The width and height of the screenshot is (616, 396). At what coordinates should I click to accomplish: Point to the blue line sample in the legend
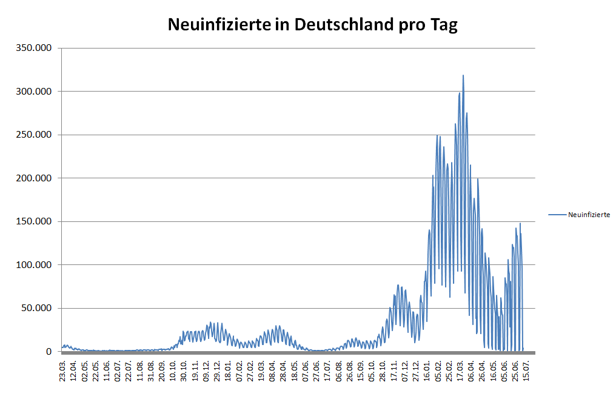coord(557,215)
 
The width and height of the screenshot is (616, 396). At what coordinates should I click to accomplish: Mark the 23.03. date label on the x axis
coord(62,369)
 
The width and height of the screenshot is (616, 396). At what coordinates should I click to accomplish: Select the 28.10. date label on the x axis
coord(383,369)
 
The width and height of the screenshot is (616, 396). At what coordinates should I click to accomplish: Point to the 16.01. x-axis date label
coord(427,369)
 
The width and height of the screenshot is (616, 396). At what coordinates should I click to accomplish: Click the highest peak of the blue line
coord(463,76)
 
